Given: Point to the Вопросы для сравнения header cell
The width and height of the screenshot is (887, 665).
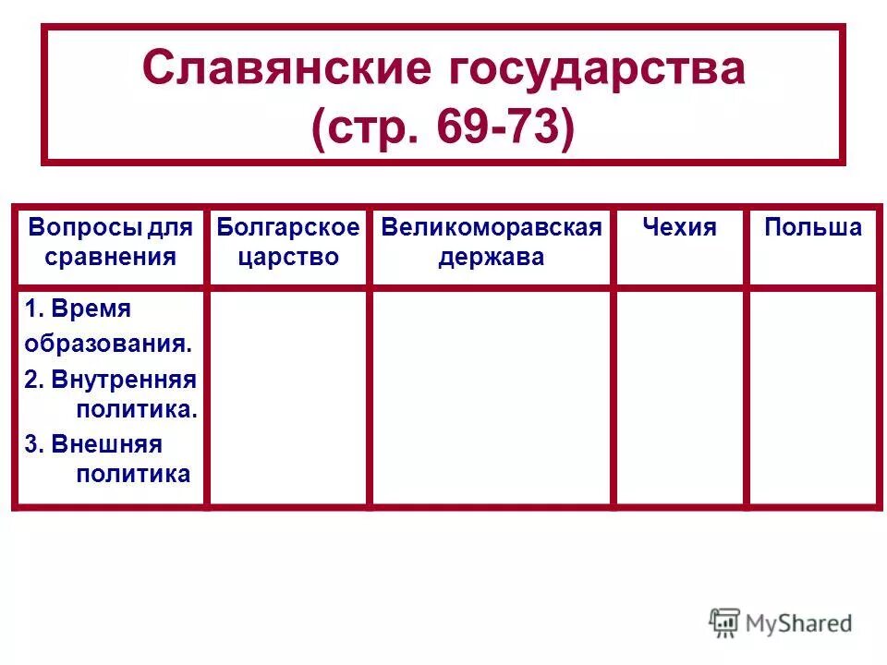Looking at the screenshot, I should pos(111,242).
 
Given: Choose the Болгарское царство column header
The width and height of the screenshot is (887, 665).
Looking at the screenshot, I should pos(287,242).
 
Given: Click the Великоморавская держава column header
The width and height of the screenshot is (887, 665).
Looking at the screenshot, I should pos(491,242).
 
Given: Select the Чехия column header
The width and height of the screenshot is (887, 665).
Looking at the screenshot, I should pos(679,228).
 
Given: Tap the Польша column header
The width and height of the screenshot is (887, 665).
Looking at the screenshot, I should pos(812,228).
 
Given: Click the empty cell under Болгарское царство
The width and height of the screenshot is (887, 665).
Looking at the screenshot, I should pos(287,397).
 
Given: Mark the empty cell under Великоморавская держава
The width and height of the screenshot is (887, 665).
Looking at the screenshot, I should pos(491,397).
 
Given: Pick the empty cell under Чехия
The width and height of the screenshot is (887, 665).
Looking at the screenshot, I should pos(679,397).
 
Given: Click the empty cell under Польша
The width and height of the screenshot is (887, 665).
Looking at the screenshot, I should pos(812,397).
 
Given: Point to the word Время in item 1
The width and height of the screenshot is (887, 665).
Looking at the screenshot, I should pos(91,308).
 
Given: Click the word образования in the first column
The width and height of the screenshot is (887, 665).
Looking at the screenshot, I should pos(108,344).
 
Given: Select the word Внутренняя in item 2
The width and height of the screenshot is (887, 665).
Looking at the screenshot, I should pos(124,379).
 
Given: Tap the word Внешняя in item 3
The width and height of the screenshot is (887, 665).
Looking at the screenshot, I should pos(106,444).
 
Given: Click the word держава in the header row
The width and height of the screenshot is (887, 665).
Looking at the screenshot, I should pos(491,257).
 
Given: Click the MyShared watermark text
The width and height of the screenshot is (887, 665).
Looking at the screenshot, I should pos(799,623).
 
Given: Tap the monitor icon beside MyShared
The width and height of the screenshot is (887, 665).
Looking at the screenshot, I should pos(725,623).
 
